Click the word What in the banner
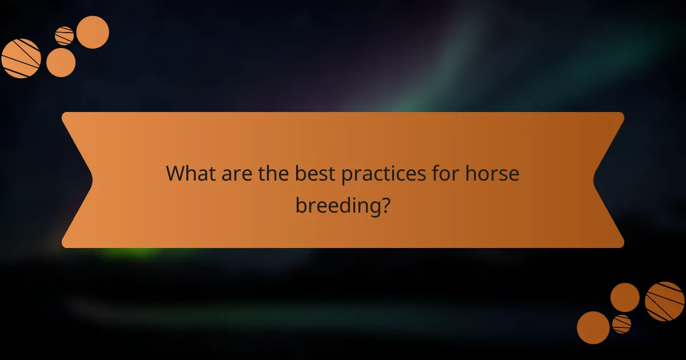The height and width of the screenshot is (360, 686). click(189, 174)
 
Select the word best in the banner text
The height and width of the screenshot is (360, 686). click(315, 174)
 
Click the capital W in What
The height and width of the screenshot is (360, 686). click(174, 174)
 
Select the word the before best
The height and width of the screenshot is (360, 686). click(274, 174)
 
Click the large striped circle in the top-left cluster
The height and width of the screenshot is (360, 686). click(21, 58)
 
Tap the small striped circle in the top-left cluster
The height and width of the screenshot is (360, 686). click(65, 36)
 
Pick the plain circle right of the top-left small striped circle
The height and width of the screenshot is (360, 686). click(93, 32)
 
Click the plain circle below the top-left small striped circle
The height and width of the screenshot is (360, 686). click(61, 62)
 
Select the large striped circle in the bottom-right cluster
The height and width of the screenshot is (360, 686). click(665, 301)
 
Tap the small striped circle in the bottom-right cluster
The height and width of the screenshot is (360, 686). click(621, 324)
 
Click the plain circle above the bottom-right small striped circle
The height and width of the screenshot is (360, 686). click(625, 297)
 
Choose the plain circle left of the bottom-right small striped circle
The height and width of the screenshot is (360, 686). click(593, 327)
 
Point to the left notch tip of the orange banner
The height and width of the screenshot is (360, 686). click(92, 180)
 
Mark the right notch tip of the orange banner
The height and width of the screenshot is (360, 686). click(594, 180)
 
